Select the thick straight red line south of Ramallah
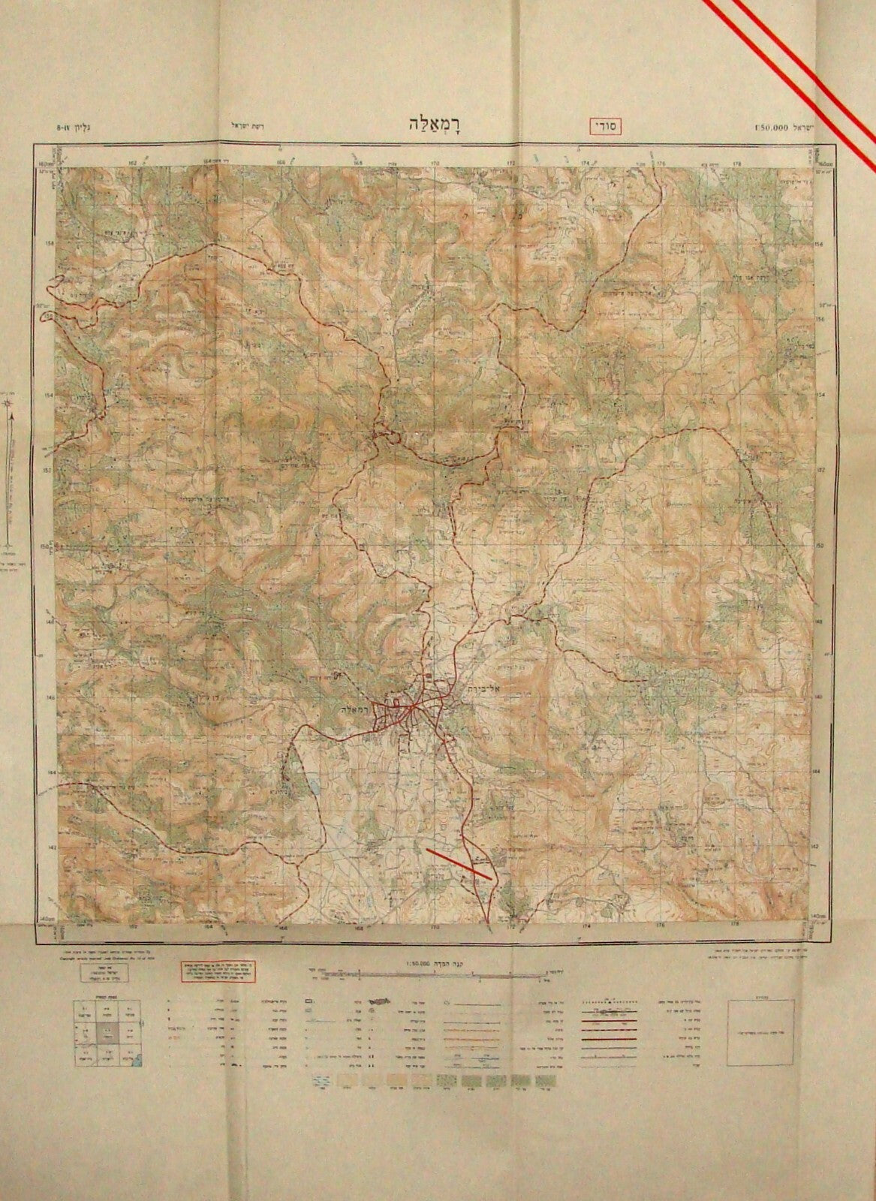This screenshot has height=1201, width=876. [x=459, y=864]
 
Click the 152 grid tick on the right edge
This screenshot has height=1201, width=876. [x=820, y=470]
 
